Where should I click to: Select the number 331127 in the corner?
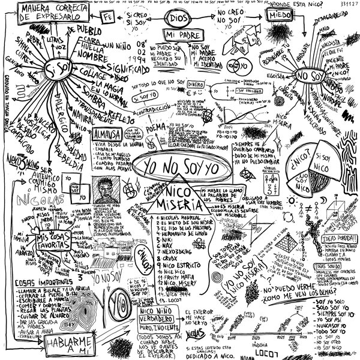347,4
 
